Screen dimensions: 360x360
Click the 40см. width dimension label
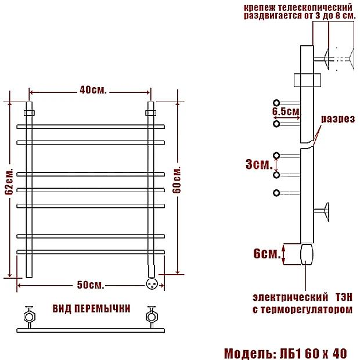(93, 90)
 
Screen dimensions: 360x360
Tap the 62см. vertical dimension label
(9, 182)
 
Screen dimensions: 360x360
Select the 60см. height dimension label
(177, 180)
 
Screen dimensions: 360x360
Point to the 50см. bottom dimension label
(91, 285)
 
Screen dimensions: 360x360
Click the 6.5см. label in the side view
(286, 111)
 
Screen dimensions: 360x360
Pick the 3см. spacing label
(259, 164)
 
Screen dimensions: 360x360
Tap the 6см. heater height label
(267, 254)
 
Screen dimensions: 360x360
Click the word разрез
(338, 119)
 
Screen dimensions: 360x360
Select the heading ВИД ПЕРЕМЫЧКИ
(91, 308)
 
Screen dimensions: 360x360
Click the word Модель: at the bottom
(250, 354)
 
